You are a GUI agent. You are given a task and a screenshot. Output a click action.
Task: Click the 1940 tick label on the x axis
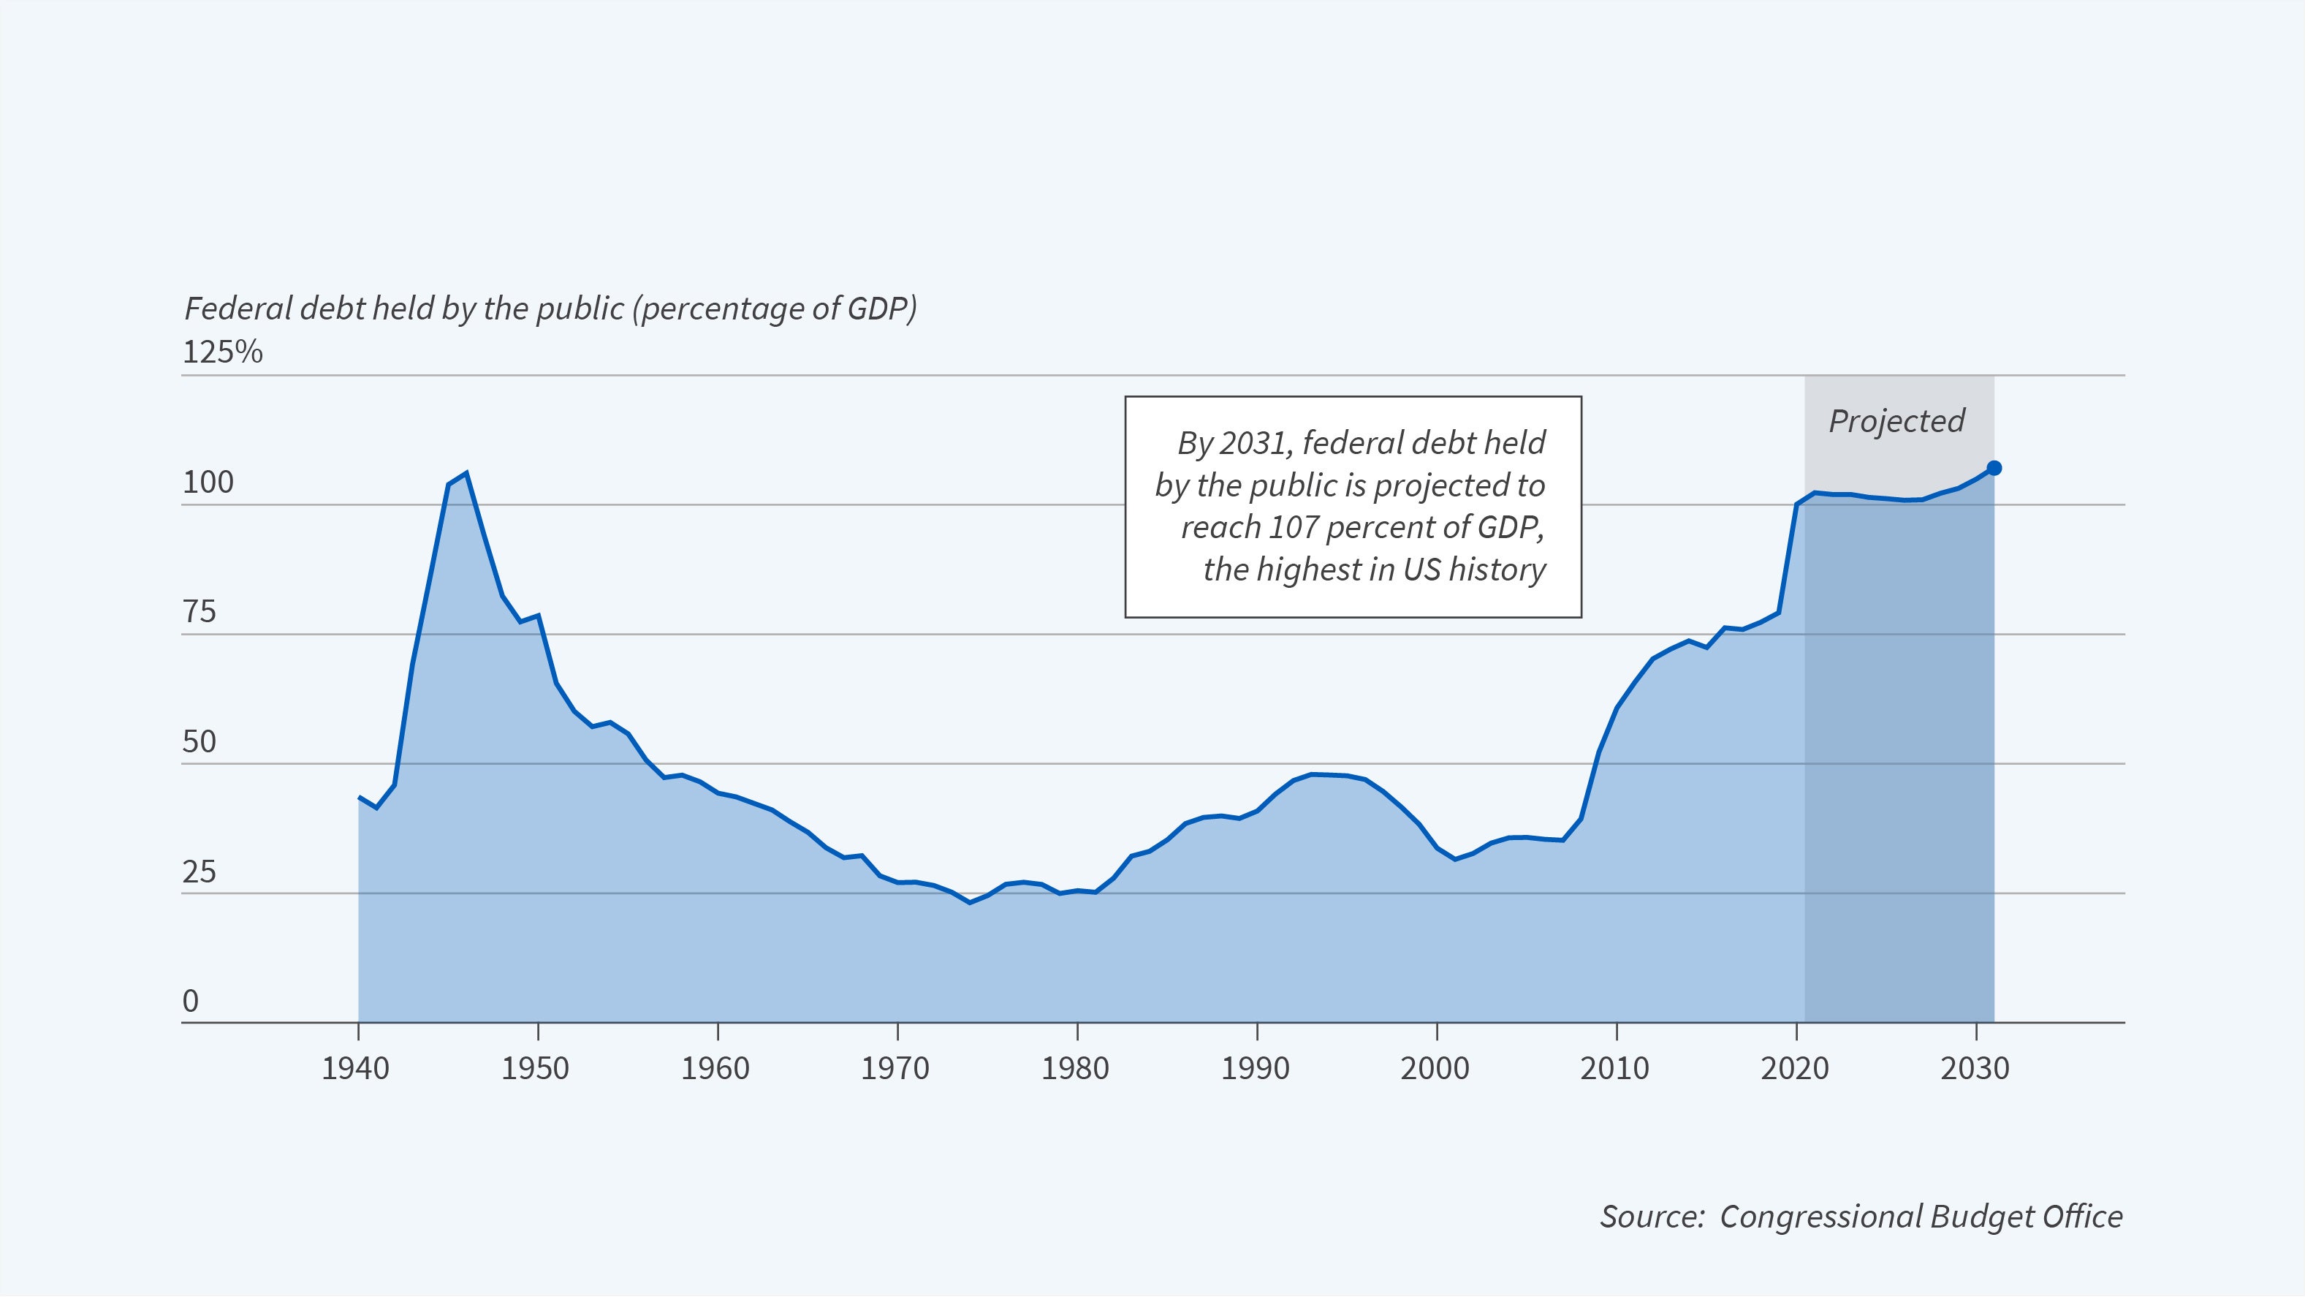point(355,1069)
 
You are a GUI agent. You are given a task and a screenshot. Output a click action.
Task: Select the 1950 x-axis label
point(535,1069)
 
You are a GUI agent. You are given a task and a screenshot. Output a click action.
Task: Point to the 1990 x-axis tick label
point(1256,1069)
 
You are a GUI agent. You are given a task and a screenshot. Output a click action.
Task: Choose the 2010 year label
point(1614,1069)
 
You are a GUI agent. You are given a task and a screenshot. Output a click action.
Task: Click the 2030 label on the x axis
point(1975,1069)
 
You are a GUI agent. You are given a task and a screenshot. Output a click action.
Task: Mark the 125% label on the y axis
point(223,352)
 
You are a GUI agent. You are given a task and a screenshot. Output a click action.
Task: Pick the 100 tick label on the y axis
point(208,483)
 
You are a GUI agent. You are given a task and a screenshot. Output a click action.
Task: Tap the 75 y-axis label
point(200,613)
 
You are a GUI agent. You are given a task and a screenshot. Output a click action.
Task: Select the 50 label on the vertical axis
point(200,742)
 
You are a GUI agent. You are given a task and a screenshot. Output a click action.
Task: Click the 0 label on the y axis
point(191,1002)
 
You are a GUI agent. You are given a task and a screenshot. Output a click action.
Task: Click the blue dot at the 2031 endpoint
point(1994,468)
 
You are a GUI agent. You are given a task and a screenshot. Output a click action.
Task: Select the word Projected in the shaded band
point(1896,420)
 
